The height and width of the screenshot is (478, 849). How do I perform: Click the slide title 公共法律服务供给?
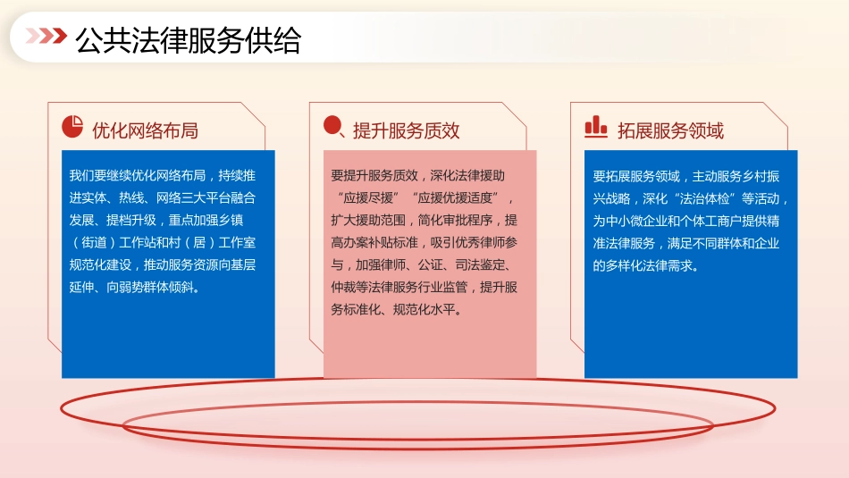pyautogui.click(x=189, y=40)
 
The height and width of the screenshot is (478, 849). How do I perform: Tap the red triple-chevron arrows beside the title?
pyautogui.click(x=46, y=36)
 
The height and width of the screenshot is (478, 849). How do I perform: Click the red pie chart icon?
pyautogui.click(x=72, y=128)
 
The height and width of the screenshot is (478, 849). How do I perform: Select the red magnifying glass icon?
pyautogui.click(x=333, y=128)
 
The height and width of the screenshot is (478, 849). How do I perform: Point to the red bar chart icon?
pyautogui.click(x=595, y=128)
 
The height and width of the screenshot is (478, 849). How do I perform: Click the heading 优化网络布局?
pyautogui.click(x=146, y=130)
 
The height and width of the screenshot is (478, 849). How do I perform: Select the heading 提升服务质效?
pyautogui.click(x=407, y=130)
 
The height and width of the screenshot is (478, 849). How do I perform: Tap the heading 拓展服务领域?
pyautogui.click(x=670, y=130)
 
